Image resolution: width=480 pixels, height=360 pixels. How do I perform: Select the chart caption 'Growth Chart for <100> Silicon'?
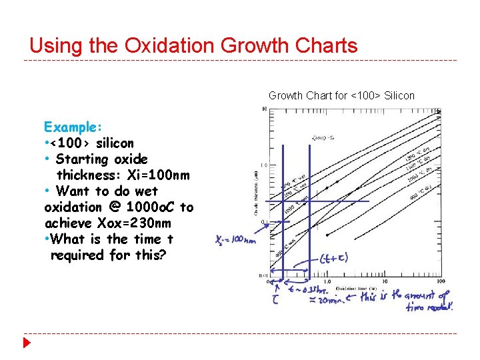click(341, 95)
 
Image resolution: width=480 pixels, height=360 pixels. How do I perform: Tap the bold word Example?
click(73, 127)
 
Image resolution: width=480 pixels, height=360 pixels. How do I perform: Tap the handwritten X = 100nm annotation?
click(235, 240)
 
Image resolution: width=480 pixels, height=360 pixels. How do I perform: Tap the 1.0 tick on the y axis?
click(264, 165)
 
